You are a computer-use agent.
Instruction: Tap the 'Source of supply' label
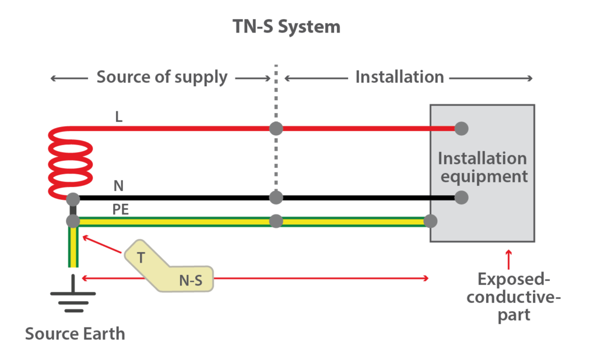[x=161, y=77]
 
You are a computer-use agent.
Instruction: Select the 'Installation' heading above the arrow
[x=399, y=77]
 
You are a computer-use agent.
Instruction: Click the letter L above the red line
[x=119, y=117]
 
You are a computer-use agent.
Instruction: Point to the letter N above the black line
[x=119, y=186]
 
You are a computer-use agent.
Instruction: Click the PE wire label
[x=121, y=209]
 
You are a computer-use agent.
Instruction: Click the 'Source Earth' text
[x=75, y=334]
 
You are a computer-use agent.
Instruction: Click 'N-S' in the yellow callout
[x=190, y=280]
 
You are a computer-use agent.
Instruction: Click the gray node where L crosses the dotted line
[x=276, y=128]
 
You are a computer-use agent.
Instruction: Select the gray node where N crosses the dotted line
[x=276, y=197]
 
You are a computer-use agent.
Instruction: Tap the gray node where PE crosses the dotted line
[x=276, y=221]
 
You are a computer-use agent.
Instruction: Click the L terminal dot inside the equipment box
[x=461, y=128]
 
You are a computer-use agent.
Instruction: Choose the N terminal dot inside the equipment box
[x=461, y=197]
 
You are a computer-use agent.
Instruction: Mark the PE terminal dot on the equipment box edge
[x=430, y=221]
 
